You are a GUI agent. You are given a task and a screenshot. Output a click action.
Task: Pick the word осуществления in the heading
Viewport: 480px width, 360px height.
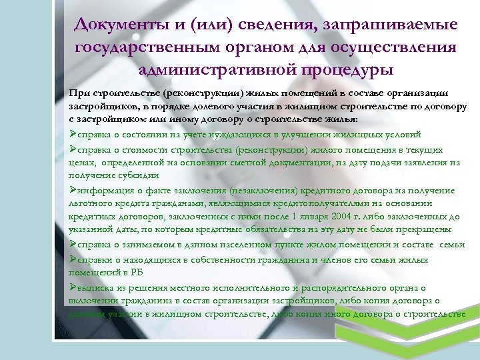click(392, 47)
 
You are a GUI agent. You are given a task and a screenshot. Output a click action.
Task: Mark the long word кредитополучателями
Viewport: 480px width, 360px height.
click(304, 203)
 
